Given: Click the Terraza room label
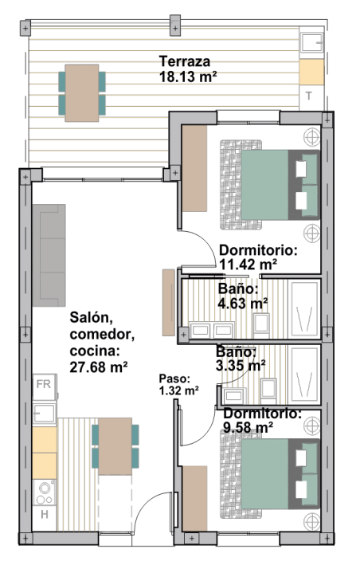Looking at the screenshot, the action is [x=185, y=61].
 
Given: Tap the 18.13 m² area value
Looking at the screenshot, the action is [x=188, y=77].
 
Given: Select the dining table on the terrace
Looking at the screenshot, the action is [x=82, y=93].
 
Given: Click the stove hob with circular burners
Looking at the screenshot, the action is [x=45, y=492].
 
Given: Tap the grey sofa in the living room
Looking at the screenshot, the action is [x=49, y=256].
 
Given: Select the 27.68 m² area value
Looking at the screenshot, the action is [x=99, y=367].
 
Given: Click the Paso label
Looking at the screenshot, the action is [x=174, y=379].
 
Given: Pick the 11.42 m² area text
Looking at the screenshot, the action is [x=248, y=265].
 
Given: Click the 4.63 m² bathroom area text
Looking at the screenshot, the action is [x=243, y=304].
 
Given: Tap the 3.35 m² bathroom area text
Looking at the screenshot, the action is [x=241, y=365].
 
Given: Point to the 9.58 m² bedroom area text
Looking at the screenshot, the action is [x=248, y=428].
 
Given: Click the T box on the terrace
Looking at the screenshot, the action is [x=309, y=96].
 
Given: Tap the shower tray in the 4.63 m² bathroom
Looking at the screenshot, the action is [x=305, y=309].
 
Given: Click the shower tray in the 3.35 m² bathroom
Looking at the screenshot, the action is [x=305, y=375].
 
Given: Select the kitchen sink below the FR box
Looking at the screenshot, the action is [x=45, y=413].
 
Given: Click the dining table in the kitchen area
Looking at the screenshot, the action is [x=115, y=446].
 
